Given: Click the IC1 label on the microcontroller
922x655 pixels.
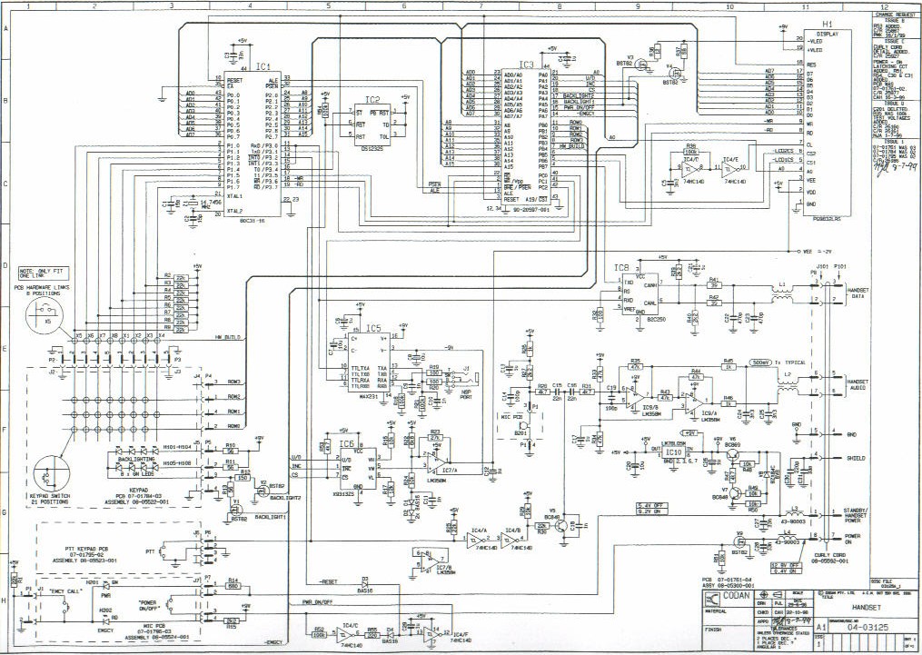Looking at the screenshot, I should click(263, 66).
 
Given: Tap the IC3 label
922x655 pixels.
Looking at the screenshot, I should click(526, 65).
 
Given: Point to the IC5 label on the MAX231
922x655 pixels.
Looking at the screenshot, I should click(373, 328).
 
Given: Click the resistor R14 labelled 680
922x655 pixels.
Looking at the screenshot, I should click(233, 586).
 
